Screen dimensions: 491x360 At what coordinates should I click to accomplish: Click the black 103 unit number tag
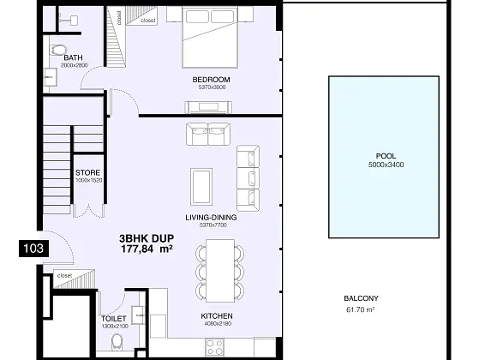click(33, 249)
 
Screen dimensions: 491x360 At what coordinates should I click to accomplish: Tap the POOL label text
click(386, 156)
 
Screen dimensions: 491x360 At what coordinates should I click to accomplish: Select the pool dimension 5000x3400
click(386, 165)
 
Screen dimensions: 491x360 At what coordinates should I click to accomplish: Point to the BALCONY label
click(361, 298)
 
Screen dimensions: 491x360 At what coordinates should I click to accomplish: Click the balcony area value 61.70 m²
click(361, 309)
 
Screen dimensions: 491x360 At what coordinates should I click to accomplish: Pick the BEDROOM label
click(211, 80)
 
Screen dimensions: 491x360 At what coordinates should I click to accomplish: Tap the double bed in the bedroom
click(210, 37)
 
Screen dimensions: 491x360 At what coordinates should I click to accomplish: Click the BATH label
click(73, 57)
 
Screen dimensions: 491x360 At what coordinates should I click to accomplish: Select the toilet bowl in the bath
click(58, 50)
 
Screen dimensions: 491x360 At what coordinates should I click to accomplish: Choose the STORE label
click(87, 172)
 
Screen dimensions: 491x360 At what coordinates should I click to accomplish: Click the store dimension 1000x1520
click(89, 180)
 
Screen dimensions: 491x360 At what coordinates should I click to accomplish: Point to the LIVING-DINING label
click(211, 218)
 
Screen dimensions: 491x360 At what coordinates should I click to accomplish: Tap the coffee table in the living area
click(201, 187)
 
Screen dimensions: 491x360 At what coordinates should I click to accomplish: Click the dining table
click(220, 271)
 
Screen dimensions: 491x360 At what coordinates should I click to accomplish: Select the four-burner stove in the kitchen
click(215, 347)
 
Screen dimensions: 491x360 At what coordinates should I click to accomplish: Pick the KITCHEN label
click(217, 316)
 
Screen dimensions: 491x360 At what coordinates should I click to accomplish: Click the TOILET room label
click(114, 319)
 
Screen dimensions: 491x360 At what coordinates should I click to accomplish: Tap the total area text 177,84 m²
click(147, 249)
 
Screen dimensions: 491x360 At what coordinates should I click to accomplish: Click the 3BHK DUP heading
click(147, 239)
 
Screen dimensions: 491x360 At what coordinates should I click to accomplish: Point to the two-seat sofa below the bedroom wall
click(208, 134)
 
